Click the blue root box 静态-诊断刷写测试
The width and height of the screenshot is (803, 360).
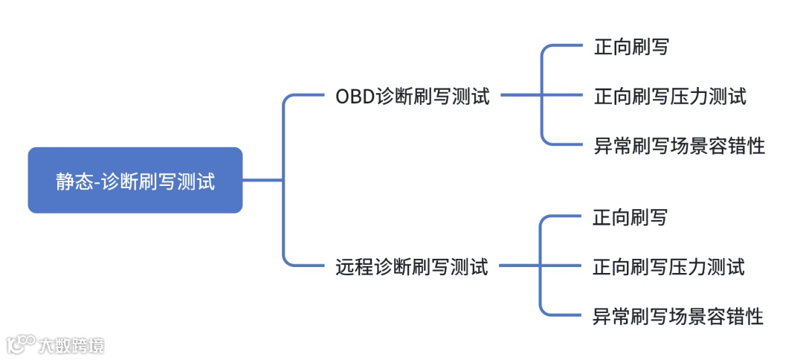(135, 180)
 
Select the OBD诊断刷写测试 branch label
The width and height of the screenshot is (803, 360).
(413, 97)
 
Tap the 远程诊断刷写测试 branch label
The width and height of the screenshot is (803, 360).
(412, 266)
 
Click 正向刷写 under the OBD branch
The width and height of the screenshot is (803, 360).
(631, 48)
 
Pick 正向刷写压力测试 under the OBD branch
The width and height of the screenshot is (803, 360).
(670, 97)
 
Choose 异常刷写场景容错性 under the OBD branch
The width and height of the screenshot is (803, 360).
(680, 146)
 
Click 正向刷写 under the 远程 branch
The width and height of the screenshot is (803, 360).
(630, 218)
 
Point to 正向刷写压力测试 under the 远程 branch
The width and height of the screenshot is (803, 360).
(668, 267)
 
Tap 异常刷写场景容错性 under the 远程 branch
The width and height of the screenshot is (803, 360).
(678, 317)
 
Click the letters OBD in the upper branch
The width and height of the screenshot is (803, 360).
(355, 97)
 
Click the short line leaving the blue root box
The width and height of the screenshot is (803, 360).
(262, 180)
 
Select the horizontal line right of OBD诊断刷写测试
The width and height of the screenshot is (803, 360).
(520, 95)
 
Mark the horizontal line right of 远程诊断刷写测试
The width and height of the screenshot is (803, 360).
(518, 265)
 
